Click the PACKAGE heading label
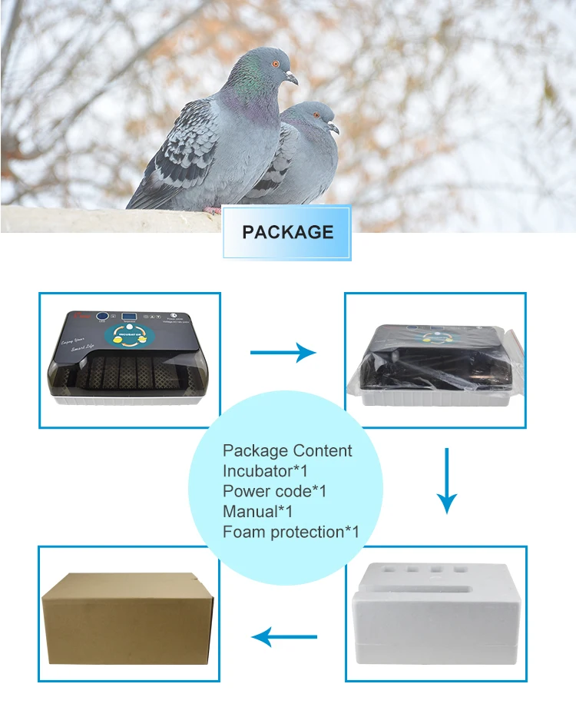click(287, 232)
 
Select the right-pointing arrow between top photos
click(283, 353)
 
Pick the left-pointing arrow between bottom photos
click(285, 636)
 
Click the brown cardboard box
click(127, 616)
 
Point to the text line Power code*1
click(274, 491)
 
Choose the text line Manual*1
click(257, 511)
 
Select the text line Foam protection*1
click(291, 532)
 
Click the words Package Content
click(287, 451)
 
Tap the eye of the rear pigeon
click(314, 115)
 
